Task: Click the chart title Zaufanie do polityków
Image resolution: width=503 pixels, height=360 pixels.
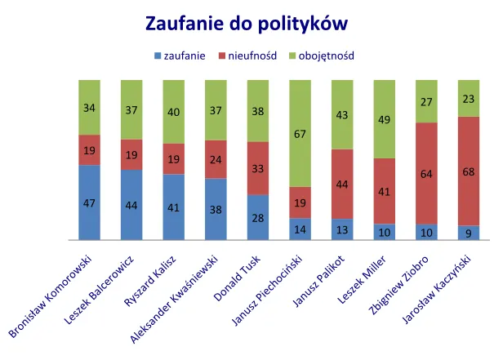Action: point(251,22)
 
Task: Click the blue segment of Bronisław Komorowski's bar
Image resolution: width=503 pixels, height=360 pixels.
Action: point(89,202)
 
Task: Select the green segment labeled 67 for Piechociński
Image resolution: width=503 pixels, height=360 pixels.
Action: point(300,133)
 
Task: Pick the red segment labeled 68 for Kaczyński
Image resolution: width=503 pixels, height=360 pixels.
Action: point(469,171)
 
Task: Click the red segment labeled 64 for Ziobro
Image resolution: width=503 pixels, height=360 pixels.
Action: point(426,173)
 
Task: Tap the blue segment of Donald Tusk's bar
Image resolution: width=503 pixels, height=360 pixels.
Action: point(258,217)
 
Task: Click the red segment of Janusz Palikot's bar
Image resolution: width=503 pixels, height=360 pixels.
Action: point(342,184)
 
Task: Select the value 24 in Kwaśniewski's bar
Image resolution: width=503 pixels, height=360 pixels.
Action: point(216,159)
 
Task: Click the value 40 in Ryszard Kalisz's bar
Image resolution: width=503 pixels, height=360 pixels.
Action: point(174,112)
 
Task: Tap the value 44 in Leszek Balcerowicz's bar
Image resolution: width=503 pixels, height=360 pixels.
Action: point(131,205)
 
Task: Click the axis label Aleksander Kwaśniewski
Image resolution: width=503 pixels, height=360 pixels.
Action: point(175,301)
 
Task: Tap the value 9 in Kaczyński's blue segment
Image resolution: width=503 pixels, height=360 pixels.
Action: point(469,233)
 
